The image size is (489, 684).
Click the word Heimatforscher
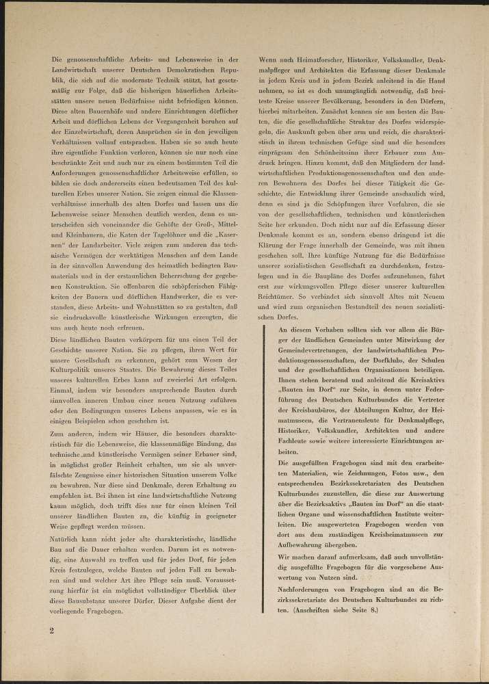point(315,60)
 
